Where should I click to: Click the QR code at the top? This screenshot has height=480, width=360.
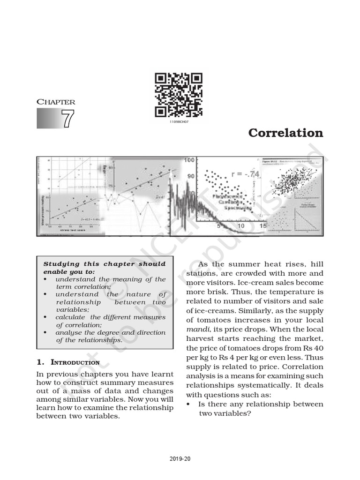pos(179,95)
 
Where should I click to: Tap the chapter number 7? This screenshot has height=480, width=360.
pos(67,119)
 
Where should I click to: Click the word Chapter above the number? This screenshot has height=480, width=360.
pos(56,102)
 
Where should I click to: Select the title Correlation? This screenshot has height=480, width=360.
pos(285,133)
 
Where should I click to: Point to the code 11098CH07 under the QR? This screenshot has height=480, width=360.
pos(179,121)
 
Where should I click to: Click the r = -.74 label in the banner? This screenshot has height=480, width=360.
pos(245,174)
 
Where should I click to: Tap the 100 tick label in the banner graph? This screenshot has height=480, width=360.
pos(189,160)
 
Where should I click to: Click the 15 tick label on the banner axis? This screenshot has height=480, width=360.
pos(263,226)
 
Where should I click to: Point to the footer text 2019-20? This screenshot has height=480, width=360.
pos(180,458)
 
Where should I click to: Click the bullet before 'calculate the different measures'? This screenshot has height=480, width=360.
pos(45,317)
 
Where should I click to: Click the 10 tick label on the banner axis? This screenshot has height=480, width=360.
pos(240,226)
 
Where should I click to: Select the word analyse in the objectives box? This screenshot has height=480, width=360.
pos(68,332)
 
